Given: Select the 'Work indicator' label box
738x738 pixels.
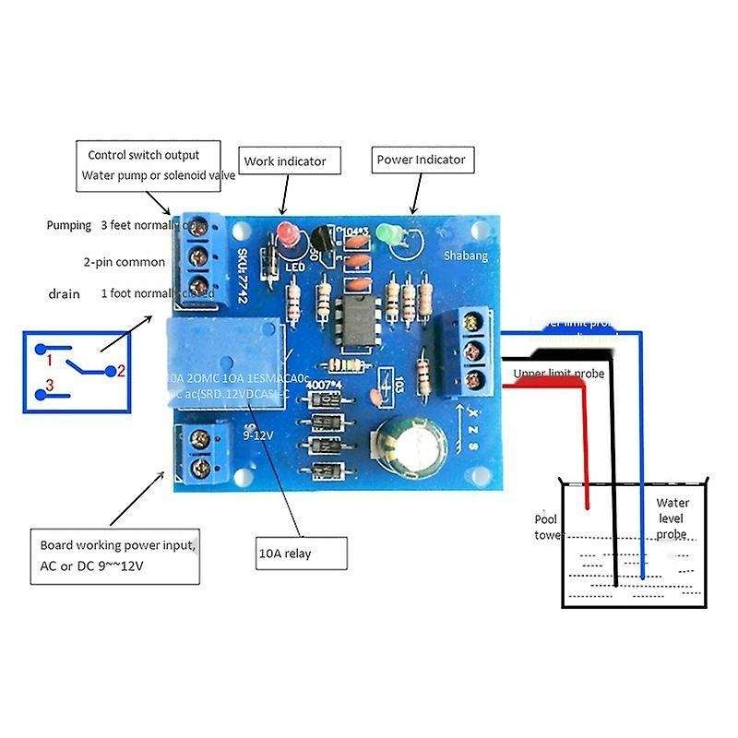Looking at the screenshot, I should [x=284, y=161].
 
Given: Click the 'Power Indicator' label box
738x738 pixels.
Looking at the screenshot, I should [x=421, y=160].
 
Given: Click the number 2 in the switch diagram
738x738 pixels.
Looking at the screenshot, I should [x=119, y=371].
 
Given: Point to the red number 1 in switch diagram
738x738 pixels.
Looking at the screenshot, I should [x=52, y=357].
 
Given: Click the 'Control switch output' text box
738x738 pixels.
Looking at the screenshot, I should [x=149, y=164].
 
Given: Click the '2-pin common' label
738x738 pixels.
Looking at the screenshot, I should [x=125, y=262].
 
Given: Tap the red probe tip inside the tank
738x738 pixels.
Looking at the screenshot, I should [x=586, y=499].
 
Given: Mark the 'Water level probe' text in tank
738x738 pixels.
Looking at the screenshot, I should [x=673, y=518].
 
